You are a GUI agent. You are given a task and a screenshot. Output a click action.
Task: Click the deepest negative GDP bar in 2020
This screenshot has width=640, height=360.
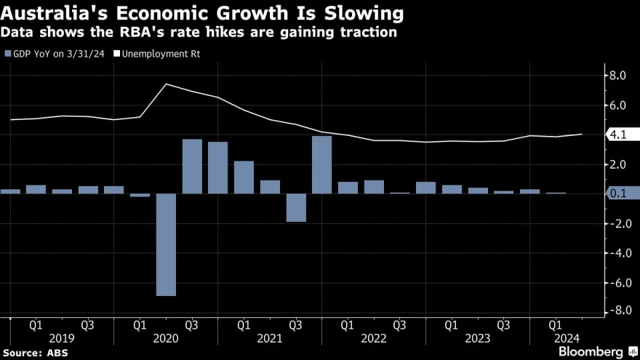pyautogui.click(x=166, y=245)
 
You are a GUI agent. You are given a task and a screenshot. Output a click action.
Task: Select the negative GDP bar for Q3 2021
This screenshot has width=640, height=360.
pyautogui.click(x=296, y=207)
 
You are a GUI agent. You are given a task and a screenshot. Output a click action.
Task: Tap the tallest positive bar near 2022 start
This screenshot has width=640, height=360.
pyautogui.click(x=322, y=165)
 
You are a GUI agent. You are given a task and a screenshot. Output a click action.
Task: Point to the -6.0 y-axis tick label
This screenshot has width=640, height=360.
pyautogui.click(x=616, y=283)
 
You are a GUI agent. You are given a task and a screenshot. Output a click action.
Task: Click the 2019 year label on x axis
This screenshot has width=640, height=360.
pyautogui.click(x=61, y=339)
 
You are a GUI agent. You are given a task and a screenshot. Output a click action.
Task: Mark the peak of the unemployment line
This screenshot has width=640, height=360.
pyautogui.click(x=165, y=84)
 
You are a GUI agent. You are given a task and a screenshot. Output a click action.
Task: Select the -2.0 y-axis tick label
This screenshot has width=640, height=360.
pyautogui.click(x=616, y=224)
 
